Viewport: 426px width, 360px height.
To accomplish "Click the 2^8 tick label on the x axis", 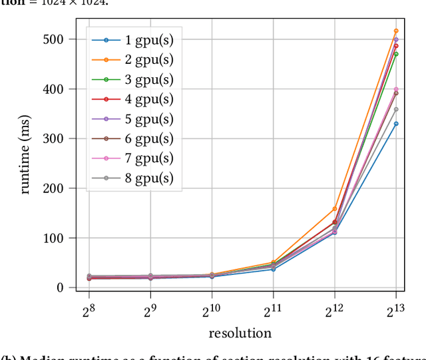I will (88, 310).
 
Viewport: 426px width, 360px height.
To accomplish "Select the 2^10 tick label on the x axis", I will (211, 310).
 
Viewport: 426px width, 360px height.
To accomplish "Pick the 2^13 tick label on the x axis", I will (395, 310).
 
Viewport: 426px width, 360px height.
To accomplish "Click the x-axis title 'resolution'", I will (240, 333).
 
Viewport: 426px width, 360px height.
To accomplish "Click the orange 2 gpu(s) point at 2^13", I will (396, 31).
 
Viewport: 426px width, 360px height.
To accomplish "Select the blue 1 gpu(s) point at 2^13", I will (396, 124).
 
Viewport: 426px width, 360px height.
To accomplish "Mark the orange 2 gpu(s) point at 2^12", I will (334, 209).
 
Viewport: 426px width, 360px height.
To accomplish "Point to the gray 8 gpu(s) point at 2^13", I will (396, 109).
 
